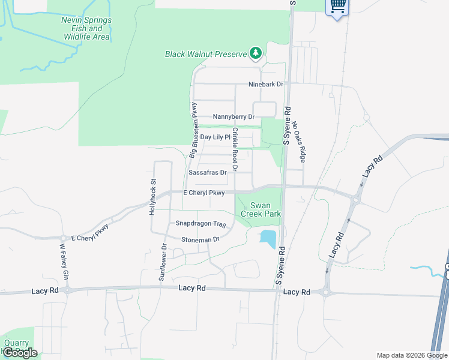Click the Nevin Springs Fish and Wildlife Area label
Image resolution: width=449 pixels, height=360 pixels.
86,28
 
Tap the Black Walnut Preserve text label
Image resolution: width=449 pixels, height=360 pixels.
206,55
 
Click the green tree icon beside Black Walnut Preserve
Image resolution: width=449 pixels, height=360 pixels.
256,53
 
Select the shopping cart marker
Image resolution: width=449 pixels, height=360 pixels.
337,7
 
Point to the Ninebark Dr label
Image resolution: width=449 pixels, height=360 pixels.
266,85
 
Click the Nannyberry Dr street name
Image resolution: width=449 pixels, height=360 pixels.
234,117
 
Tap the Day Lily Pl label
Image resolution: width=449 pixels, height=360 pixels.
215,137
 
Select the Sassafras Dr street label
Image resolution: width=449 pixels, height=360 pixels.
207,172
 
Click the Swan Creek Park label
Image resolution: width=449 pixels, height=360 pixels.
261,209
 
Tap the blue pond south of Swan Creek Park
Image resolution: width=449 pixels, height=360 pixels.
268,238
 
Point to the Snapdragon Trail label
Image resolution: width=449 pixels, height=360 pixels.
200,224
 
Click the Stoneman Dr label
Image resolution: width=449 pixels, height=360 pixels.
200,239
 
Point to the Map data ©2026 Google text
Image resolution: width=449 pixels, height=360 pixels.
412,355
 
